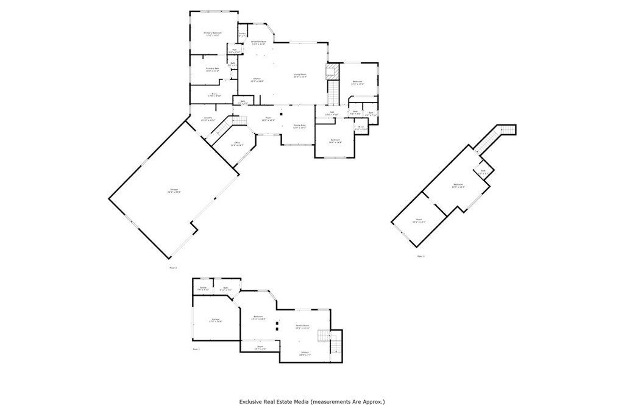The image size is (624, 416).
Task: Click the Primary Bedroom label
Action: click(212, 34)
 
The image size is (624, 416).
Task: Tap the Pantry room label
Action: click(242, 34)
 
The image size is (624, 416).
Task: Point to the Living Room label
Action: click(300, 75)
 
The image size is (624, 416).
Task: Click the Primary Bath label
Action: click(212, 70)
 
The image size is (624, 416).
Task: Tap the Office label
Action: click(236, 144)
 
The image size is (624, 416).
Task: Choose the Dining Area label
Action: click(299, 126)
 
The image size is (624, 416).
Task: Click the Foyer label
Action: click(268, 119)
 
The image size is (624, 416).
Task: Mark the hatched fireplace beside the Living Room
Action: click(332, 72)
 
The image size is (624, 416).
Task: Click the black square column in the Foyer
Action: click(281, 113)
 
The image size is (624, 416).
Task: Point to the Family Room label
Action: click(303, 326)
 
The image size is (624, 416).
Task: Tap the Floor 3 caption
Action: click(420, 256)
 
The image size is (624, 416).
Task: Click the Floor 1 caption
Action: click(196, 350)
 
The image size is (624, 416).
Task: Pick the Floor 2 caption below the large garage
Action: click(173, 267)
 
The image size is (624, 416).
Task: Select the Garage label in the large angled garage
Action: click(174, 191)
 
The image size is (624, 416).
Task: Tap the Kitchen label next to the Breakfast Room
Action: click(257, 79)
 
